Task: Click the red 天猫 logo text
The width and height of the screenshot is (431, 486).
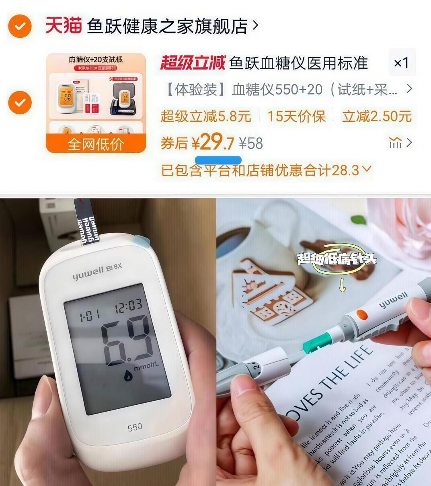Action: point(63,25)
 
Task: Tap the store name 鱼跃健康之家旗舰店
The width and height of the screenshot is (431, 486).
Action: point(167,26)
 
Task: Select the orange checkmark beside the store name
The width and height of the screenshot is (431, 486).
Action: point(20,27)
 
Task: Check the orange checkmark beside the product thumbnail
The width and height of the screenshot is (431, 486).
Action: point(20,102)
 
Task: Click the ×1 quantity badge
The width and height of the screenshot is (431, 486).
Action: point(401,63)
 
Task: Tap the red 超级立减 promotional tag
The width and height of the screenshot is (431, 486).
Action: point(193,63)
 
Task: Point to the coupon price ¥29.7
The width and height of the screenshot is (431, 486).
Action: point(212,142)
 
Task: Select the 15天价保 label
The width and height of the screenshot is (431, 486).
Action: point(296,116)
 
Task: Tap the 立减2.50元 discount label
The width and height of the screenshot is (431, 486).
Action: point(377,116)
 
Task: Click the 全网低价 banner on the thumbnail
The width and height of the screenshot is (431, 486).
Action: point(96,144)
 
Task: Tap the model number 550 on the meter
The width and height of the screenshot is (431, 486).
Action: point(135,427)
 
